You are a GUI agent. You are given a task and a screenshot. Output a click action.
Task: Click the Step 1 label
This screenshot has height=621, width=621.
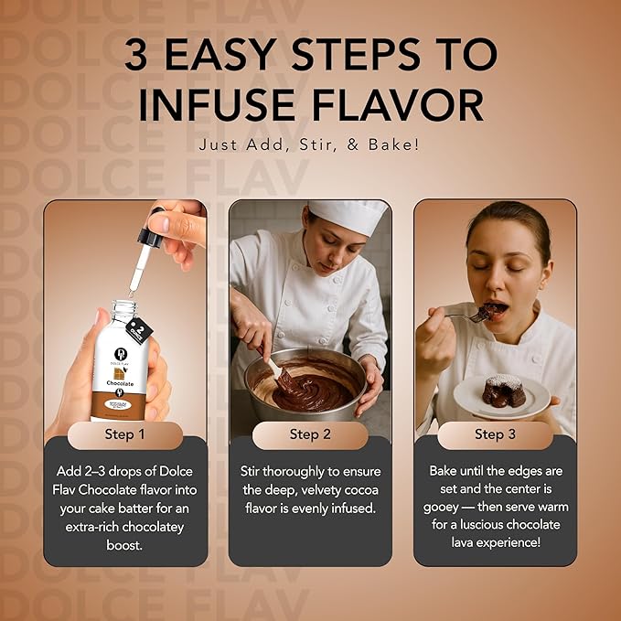coord(125,434)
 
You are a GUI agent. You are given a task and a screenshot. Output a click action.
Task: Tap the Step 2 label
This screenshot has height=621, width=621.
coord(310,434)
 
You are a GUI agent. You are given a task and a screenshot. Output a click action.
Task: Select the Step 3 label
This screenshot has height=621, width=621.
coord(495,434)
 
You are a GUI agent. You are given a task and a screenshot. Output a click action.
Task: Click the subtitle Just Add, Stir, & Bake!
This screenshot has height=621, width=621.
coord(310,145)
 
